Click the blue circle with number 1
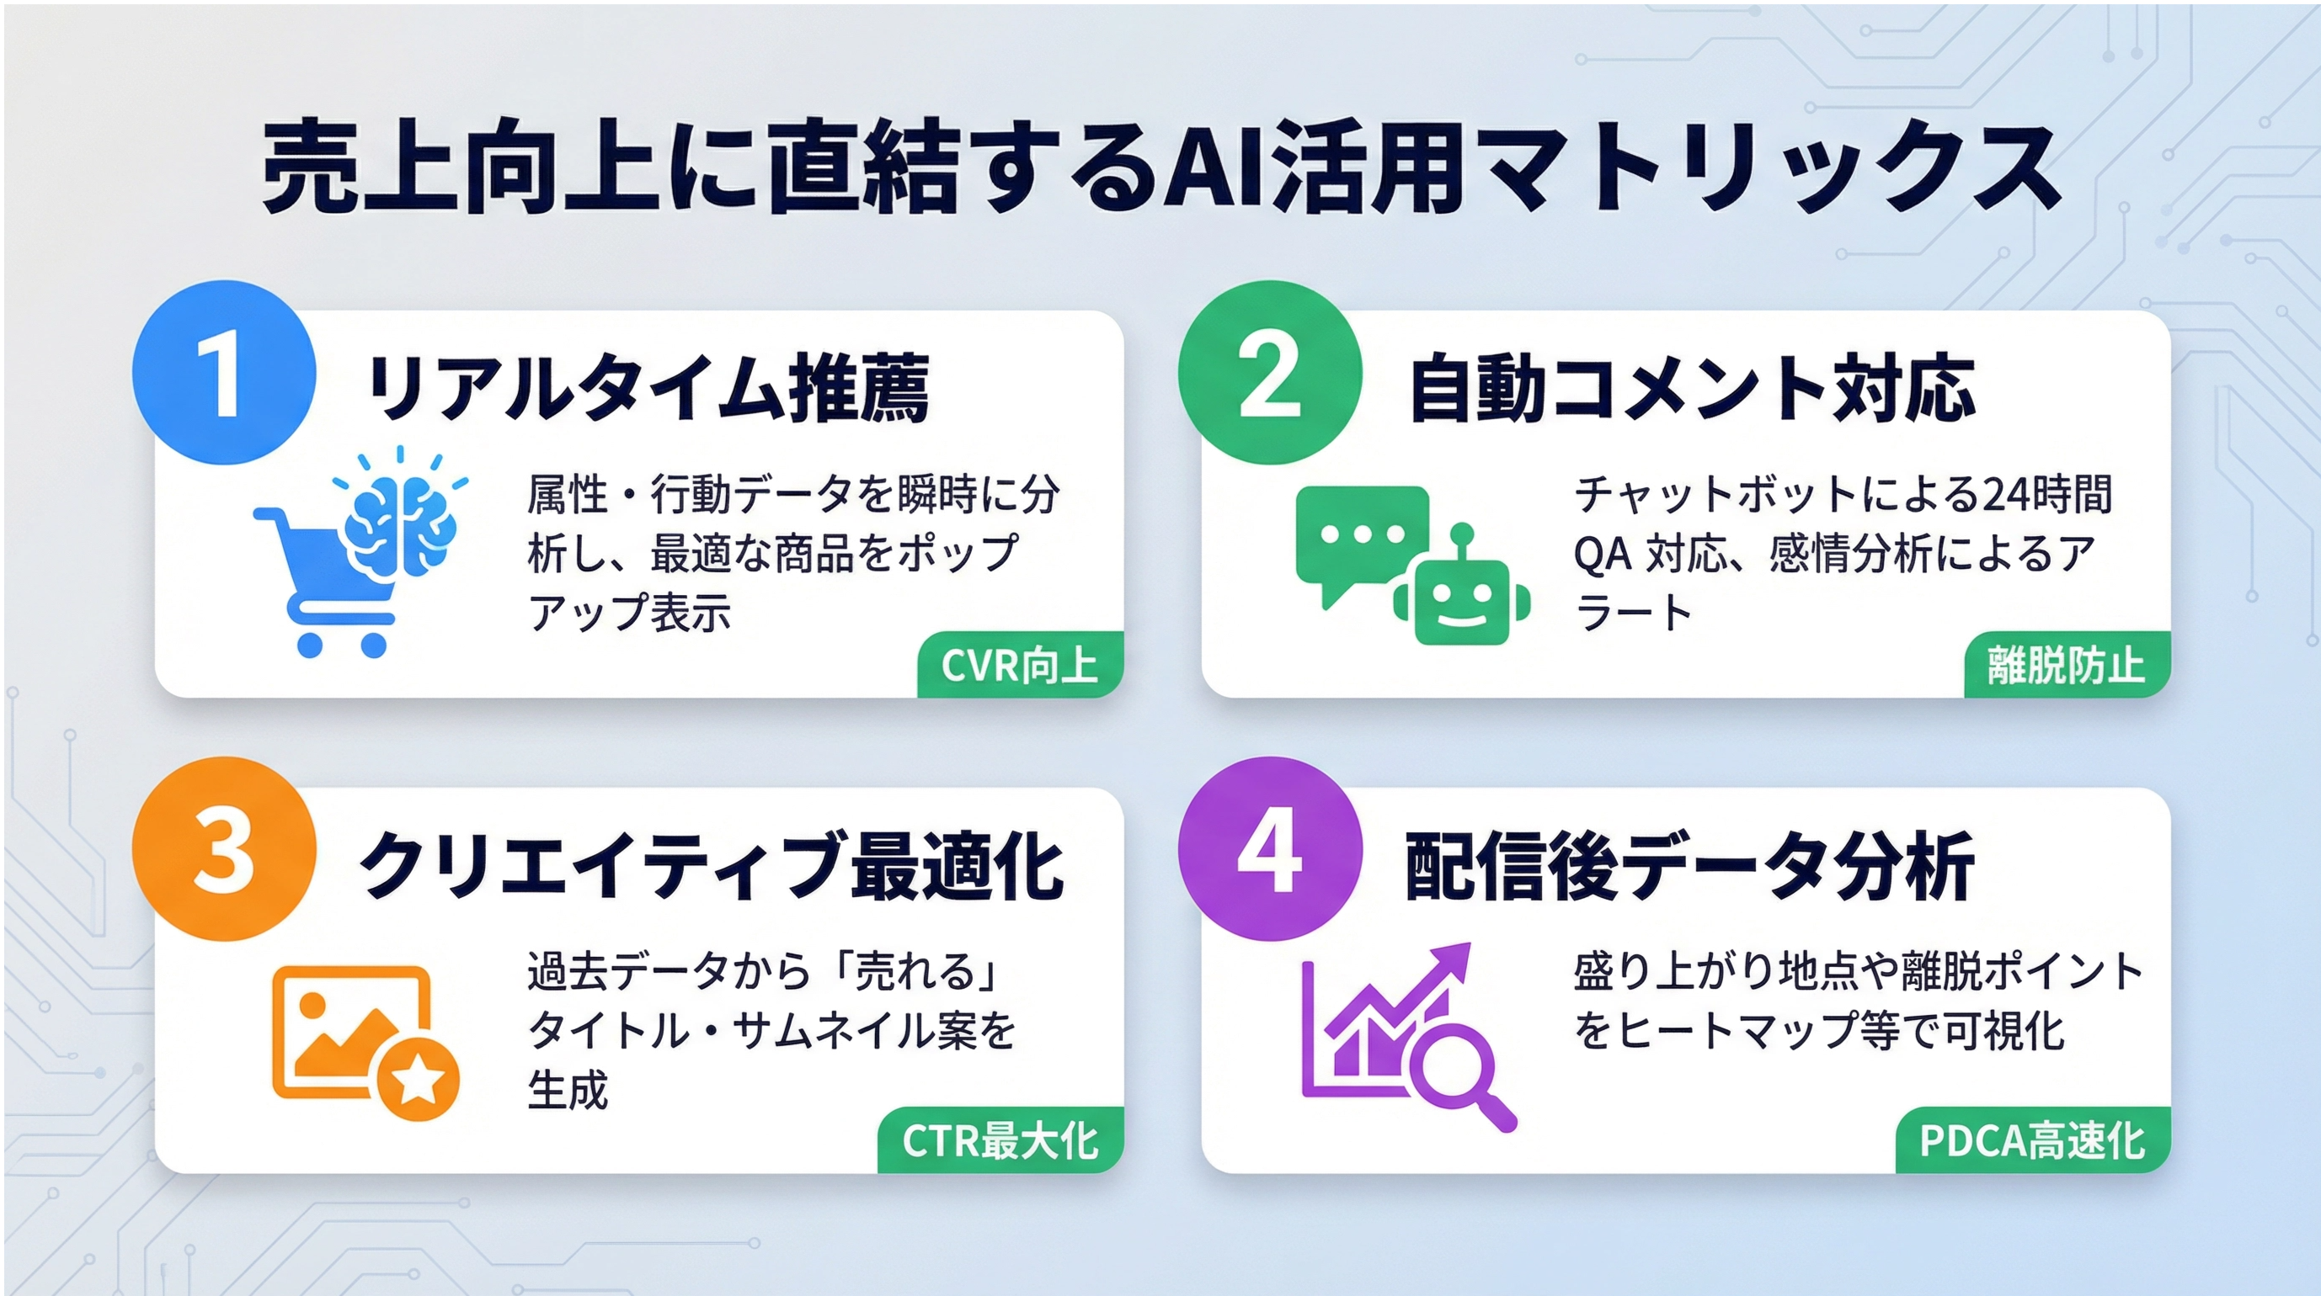[223, 372]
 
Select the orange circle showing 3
[223, 848]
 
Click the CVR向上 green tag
[1020, 665]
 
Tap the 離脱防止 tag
[2066, 665]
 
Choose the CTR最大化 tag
[1000, 1140]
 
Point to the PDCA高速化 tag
[2033, 1140]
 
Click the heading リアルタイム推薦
[648, 389]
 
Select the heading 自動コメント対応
[1692, 389]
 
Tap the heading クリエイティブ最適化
[712, 865]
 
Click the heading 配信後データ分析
[1690, 865]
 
